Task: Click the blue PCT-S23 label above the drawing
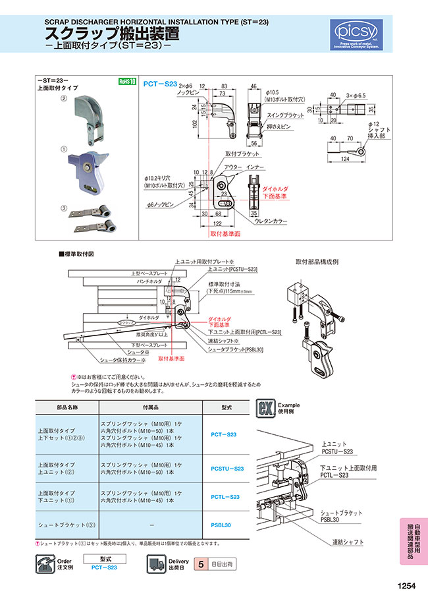(161, 84)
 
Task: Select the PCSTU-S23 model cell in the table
(227, 468)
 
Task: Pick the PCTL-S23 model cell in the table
(227, 497)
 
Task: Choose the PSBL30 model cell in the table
(227, 525)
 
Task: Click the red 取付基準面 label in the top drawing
(225, 233)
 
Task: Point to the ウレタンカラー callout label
(269, 222)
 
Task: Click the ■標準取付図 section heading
(81, 253)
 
